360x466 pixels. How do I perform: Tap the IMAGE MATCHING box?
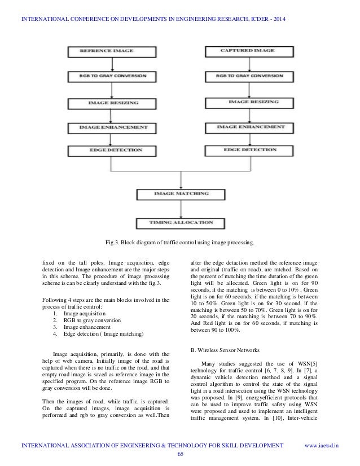click(174, 194)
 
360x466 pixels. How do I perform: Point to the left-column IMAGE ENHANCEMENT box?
click(108, 128)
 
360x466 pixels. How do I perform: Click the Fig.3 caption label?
click(179, 243)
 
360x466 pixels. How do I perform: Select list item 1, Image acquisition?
click(81, 313)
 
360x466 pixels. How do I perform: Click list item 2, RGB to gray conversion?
click(88, 320)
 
